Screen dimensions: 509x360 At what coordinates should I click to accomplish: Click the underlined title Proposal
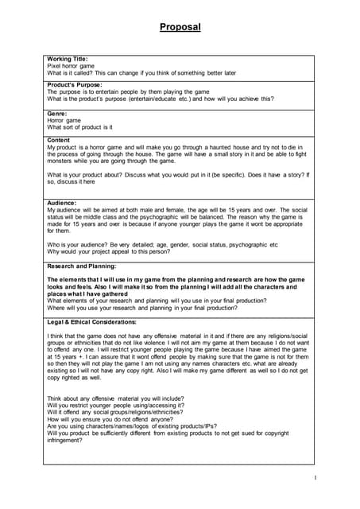[180, 27]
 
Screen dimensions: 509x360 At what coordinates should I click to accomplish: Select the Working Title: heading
[68, 60]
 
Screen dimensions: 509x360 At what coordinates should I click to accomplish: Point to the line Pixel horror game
[71, 66]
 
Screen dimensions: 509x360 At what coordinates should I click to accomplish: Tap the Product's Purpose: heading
[75, 85]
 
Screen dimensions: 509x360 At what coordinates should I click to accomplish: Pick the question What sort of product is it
[79, 127]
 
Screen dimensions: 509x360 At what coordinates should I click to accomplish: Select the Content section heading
[60, 140]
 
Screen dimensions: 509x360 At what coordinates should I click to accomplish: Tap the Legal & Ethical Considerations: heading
[92, 322]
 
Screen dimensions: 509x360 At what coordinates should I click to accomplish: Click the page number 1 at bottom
[315, 477]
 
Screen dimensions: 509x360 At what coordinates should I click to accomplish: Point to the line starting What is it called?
[141, 72]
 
